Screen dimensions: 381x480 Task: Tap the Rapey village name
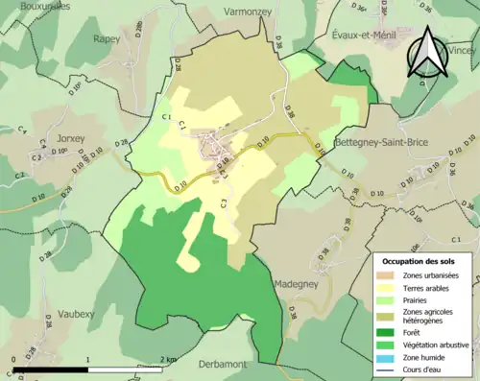tap(106, 38)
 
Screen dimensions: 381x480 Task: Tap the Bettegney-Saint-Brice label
tap(381, 143)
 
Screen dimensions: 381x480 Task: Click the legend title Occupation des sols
tap(419, 260)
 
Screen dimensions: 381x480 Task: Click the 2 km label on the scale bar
tap(170, 360)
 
